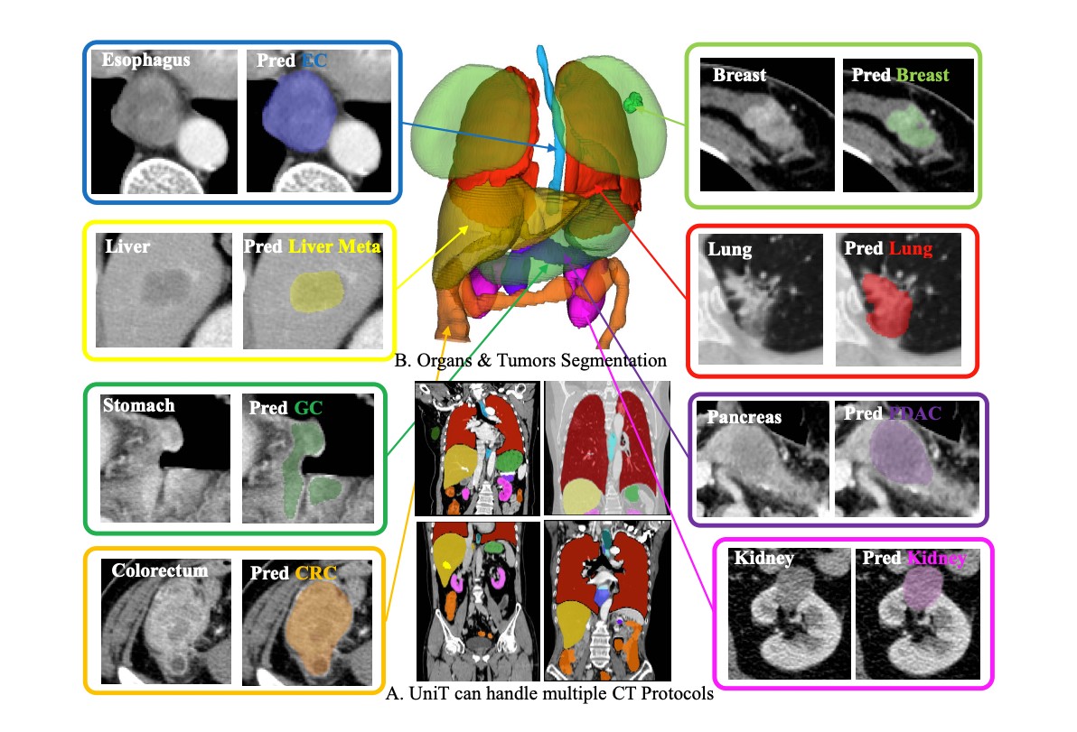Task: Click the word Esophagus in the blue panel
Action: click(145, 60)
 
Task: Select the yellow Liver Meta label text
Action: click(333, 246)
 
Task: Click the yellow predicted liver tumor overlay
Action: click(316, 292)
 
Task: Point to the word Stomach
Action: click(139, 405)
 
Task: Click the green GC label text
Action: click(308, 408)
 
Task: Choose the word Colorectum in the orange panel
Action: click(159, 570)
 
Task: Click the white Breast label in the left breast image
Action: click(739, 75)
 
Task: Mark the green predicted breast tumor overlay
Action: click(911, 125)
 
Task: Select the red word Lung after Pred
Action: click(911, 248)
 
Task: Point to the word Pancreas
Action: click(744, 417)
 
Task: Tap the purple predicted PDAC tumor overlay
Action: click(901, 453)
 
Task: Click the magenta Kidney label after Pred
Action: click(937, 559)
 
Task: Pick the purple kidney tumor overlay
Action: click(922, 588)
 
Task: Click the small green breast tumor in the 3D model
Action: click(632, 103)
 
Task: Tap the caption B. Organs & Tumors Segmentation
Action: click(530, 360)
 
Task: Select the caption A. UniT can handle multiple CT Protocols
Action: click(549, 693)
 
